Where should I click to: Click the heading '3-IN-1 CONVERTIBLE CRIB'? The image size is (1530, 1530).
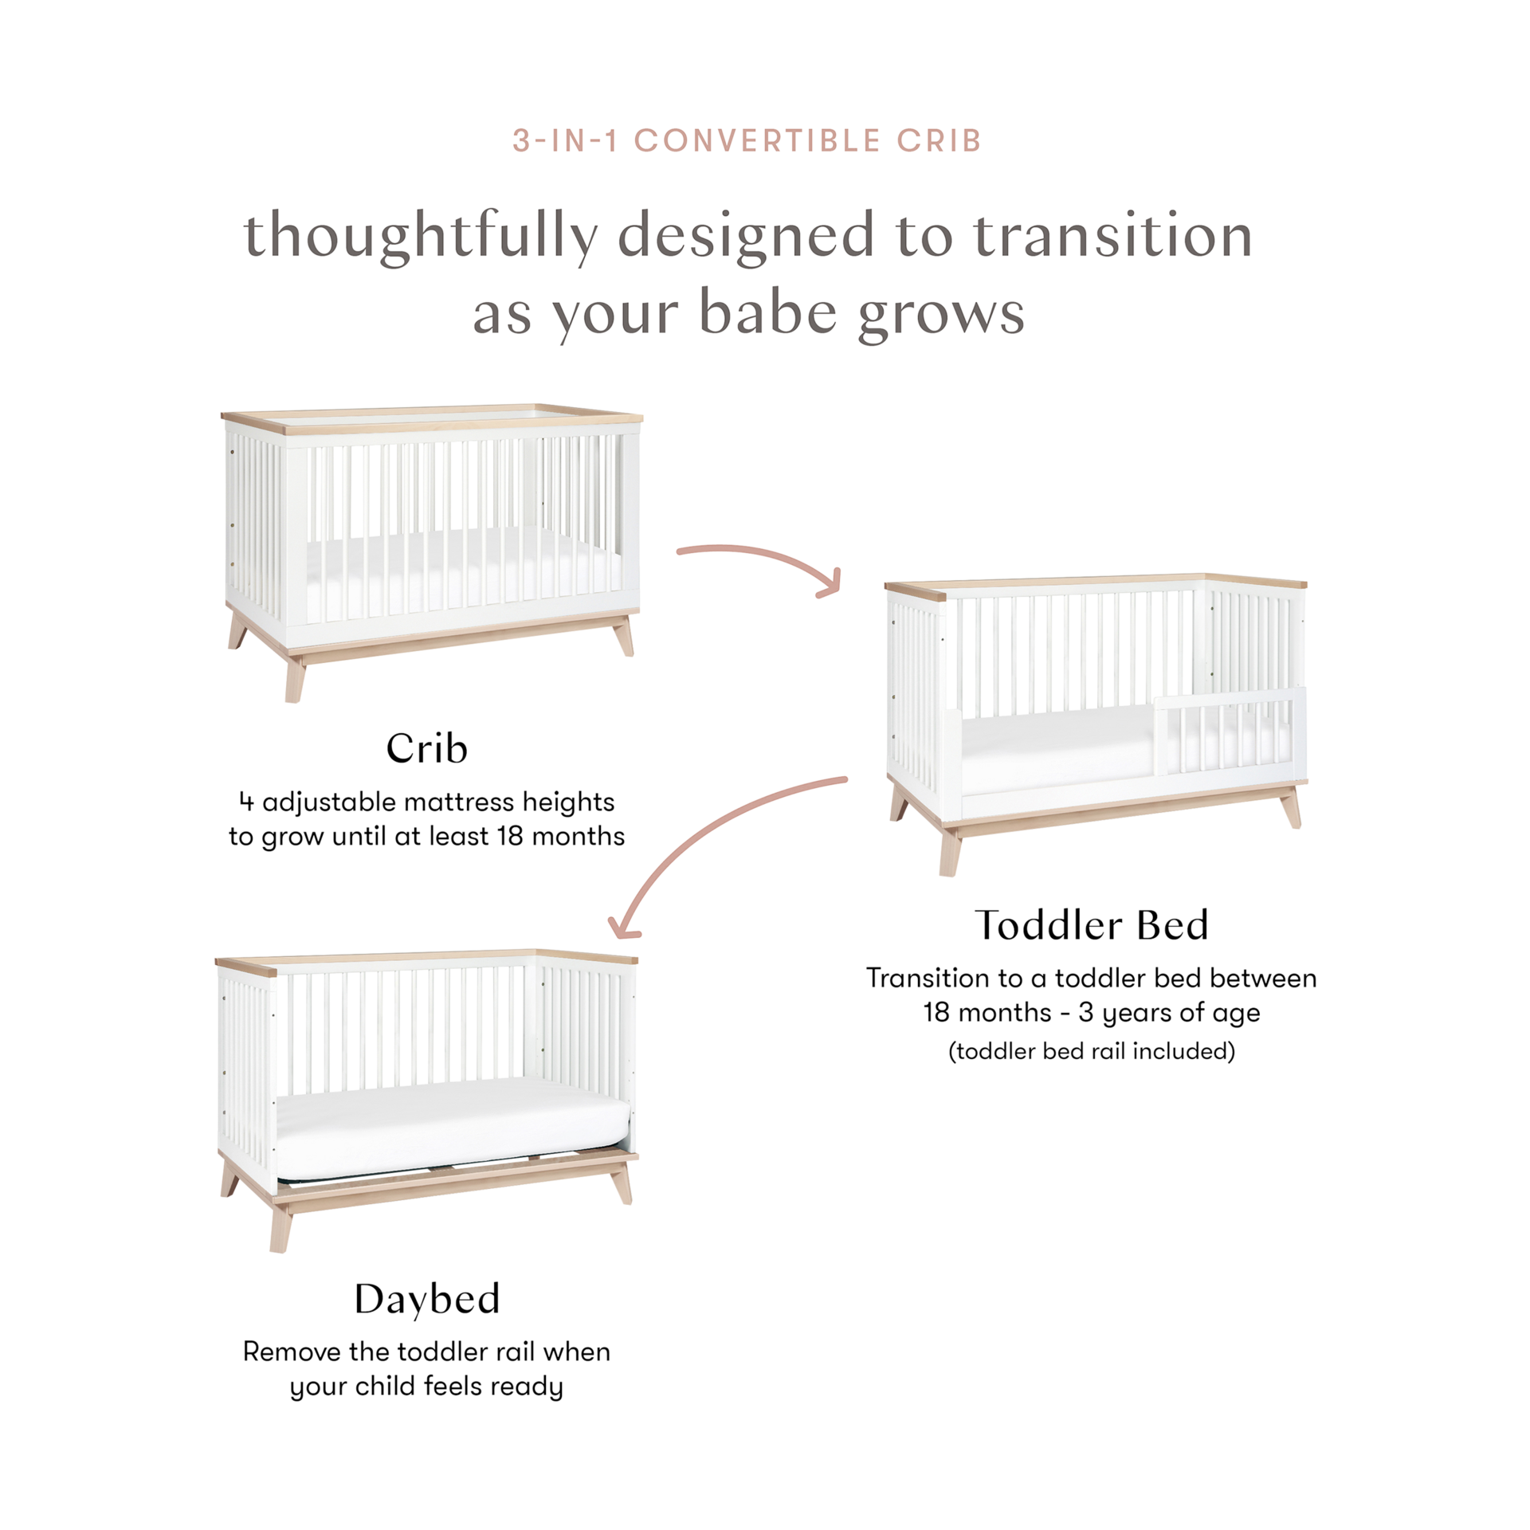tap(747, 141)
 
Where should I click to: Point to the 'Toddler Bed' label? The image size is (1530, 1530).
tap(1092, 924)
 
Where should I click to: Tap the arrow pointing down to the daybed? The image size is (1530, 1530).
tap(717, 845)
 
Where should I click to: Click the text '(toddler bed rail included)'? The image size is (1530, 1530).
tap(1092, 1052)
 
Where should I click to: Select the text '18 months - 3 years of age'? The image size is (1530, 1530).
tap(1092, 1014)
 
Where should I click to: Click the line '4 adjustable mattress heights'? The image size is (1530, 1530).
tap(426, 802)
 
